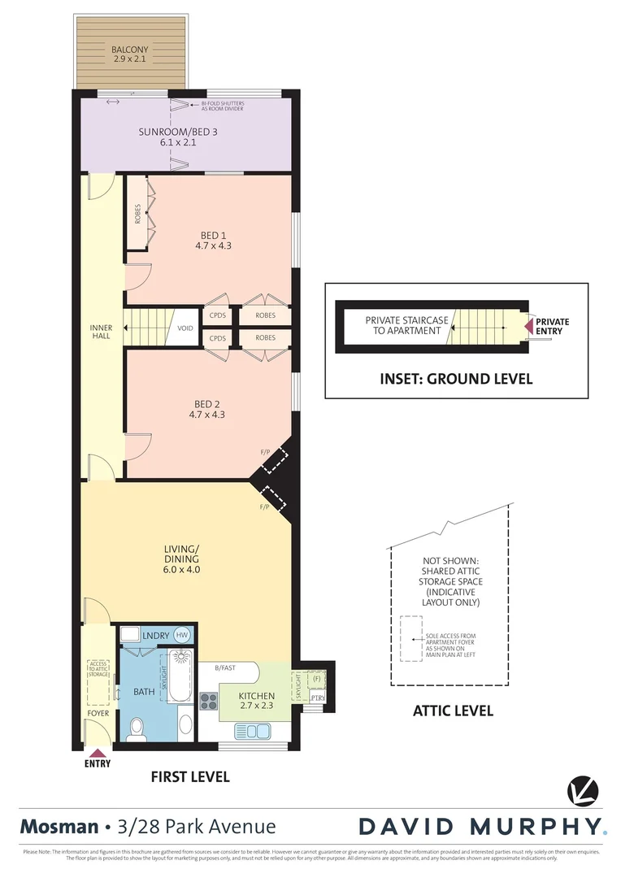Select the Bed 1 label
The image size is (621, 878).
tap(214, 240)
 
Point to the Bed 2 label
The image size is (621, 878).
tap(208, 409)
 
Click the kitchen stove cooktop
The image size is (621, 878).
tap(209, 701)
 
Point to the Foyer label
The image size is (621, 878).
tap(98, 715)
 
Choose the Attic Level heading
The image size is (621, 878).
tap(453, 711)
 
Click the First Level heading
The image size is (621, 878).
tap(190, 776)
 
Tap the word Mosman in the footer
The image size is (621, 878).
tap(57, 827)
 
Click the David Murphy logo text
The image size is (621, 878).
tap(482, 827)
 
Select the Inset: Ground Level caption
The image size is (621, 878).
tap(456, 378)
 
